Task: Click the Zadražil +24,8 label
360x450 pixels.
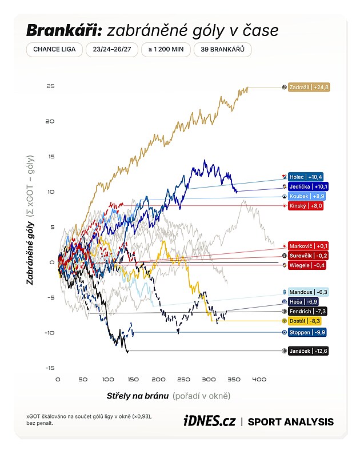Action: (x=309, y=87)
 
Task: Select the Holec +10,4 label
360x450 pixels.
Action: (x=306, y=177)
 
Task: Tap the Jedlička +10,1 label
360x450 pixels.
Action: (x=308, y=186)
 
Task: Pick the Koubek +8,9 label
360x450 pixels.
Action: (x=307, y=196)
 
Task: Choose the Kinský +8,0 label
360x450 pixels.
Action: (x=306, y=206)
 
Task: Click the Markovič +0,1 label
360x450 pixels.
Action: (x=308, y=246)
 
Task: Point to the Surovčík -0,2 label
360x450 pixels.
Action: (x=308, y=256)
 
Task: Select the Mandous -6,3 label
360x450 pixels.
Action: (x=308, y=292)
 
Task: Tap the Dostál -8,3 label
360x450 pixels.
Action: (x=305, y=321)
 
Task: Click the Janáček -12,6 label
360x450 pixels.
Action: (x=308, y=351)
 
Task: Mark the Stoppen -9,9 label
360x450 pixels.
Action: (x=307, y=333)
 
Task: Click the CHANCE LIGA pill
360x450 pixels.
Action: (x=54, y=50)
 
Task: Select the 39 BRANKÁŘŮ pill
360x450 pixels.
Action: (x=223, y=50)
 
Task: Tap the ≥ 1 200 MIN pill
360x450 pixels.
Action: (x=166, y=50)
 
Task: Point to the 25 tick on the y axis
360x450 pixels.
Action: (x=50, y=86)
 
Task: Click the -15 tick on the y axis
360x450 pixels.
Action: (x=50, y=368)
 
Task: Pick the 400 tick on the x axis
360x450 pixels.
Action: (x=259, y=380)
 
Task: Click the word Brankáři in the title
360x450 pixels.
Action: (x=64, y=30)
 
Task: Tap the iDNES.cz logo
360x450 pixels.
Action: (x=209, y=421)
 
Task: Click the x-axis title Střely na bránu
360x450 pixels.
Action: (x=138, y=396)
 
